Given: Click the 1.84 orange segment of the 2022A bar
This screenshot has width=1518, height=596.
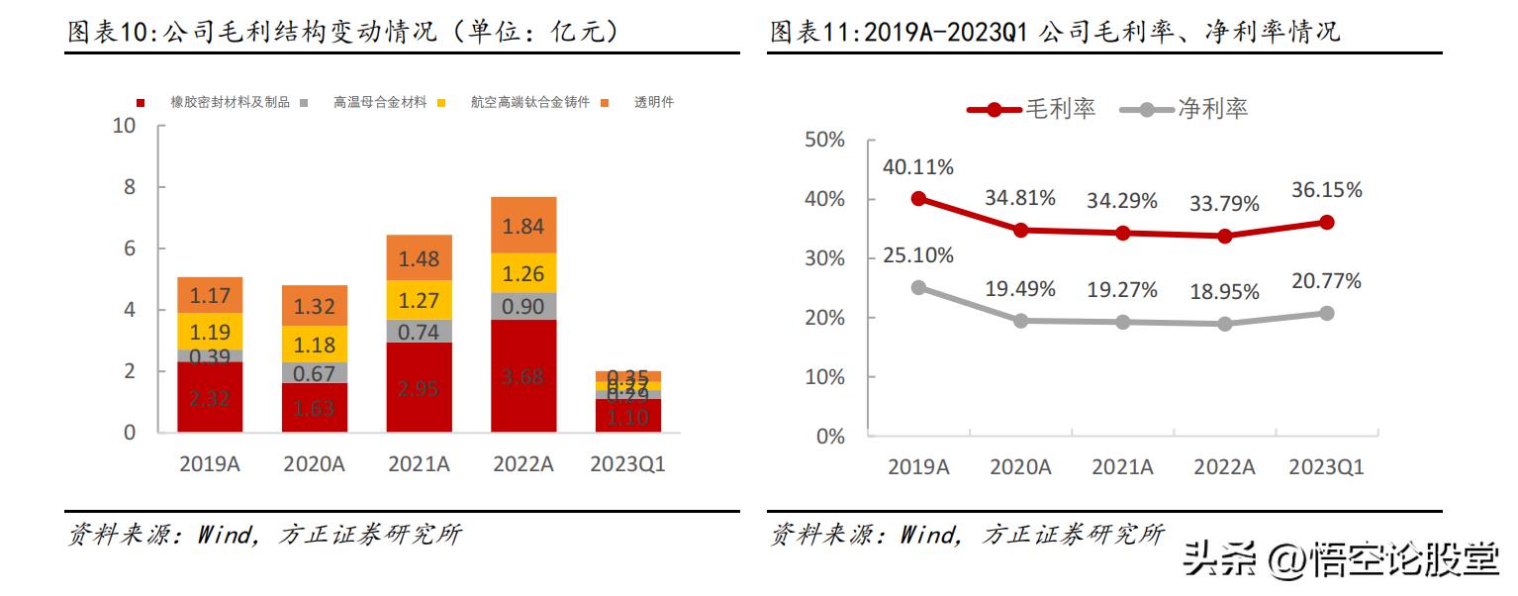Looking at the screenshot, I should point(523,226).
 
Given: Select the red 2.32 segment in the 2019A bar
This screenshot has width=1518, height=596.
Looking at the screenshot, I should point(210,397).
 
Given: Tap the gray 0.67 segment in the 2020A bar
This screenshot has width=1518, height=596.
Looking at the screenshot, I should point(315,372).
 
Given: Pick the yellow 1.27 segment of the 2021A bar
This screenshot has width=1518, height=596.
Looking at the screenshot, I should point(420,300).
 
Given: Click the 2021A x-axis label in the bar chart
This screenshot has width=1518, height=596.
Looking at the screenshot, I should point(420,464).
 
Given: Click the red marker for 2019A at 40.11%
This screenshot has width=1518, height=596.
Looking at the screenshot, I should point(918,198).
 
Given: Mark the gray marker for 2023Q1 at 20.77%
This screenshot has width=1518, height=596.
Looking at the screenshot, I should point(1326,313).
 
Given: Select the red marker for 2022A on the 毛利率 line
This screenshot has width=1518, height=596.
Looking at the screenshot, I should point(1225,236).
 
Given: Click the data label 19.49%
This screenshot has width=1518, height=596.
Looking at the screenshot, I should point(1020,289).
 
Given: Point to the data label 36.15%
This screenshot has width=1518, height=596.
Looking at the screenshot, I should point(1326,189).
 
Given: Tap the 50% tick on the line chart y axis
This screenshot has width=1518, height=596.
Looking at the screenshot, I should point(824,140).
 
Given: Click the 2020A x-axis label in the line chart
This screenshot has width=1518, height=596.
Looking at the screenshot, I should point(1020,467).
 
